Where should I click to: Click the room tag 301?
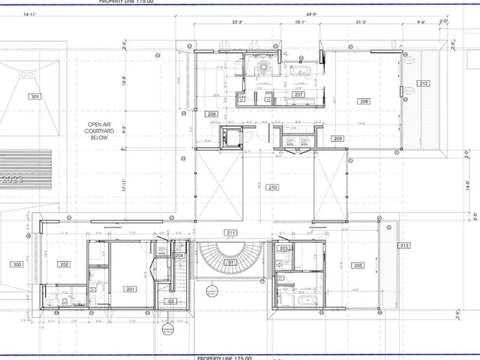point(34,97)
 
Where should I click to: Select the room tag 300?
point(16,265)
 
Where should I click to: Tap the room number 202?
point(64,265)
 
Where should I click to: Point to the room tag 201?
point(130,289)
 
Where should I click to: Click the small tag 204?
point(179,256)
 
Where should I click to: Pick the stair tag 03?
point(171,301)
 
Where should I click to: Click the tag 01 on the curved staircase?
point(232,262)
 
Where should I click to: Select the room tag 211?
point(231,233)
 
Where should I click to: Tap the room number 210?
point(272,187)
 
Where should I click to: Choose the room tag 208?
point(211,114)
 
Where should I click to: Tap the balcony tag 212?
point(424,83)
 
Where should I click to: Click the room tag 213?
point(404,246)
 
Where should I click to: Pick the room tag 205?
point(358,265)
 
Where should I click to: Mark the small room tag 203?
point(283,248)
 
